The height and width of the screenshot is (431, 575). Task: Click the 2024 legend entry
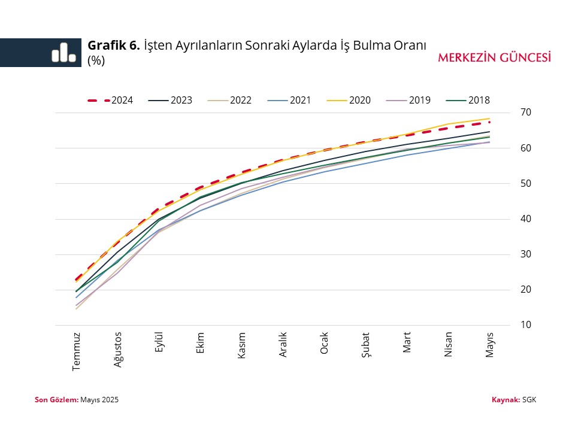tap(110, 101)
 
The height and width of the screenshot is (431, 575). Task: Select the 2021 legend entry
tap(289, 101)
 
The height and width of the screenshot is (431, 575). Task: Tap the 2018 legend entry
tap(468, 101)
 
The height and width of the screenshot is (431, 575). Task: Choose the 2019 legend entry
tap(408, 101)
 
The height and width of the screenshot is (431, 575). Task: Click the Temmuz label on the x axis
tap(77, 351)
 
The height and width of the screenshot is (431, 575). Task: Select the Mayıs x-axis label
tap(490, 344)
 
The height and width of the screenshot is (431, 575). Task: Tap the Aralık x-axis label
tap(283, 345)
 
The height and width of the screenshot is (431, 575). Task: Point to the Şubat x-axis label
tap(366, 345)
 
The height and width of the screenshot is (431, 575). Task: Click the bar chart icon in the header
tap(63, 53)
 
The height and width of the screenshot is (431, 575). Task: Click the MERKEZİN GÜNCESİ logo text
tap(494, 58)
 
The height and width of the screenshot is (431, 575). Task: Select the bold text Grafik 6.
tap(114, 45)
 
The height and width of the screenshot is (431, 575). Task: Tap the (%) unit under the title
tap(96, 60)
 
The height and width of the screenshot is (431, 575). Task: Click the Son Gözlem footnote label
tap(56, 399)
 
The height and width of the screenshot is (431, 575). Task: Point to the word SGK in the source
tap(529, 399)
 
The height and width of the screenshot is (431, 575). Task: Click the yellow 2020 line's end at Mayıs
tap(490, 119)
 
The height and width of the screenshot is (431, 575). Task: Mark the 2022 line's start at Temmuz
tap(77, 309)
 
